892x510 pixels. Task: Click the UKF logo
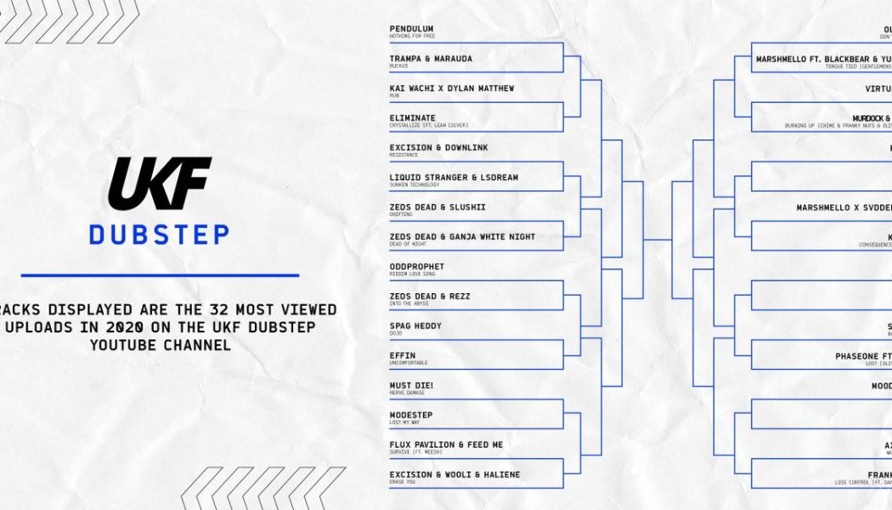(160, 184)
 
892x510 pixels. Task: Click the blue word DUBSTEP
(160, 234)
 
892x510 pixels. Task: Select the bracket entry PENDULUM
(411, 29)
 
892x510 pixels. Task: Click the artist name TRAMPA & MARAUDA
(431, 59)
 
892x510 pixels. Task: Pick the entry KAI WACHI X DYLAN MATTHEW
(451, 88)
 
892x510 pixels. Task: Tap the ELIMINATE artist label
(412, 118)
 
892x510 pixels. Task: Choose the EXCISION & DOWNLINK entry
(438, 148)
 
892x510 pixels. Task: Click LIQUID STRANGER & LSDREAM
(454, 178)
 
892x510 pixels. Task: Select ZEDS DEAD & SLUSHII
(438, 207)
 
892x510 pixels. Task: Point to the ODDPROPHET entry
(417, 267)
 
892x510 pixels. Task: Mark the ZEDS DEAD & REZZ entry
(430, 297)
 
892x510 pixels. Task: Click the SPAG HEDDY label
(415, 326)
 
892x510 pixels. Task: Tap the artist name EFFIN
(402, 356)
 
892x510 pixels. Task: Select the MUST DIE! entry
(411, 386)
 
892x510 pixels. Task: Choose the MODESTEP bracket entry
(411, 416)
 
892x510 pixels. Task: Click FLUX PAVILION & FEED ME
(446, 445)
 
